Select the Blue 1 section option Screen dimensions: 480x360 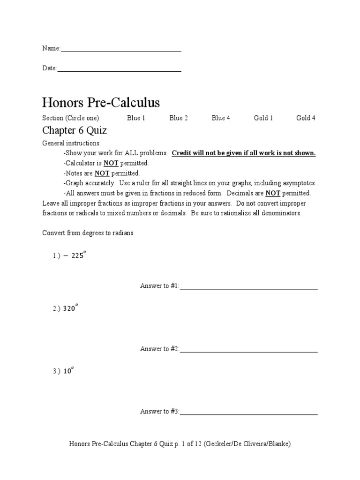click(x=136, y=118)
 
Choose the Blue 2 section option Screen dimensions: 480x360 click(x=179, y=118)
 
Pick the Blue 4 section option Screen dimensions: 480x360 click(x=221, y=118)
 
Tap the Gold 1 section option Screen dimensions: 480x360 click(x=263, y=118)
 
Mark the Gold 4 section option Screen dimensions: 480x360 click(x=306, y=118)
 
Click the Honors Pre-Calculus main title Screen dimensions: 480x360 click(x=101, y=103)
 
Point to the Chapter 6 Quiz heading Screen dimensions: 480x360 click(x=75, y=130)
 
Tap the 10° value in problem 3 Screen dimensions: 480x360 click(x=68, y=371)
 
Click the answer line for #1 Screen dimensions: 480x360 click(x=248, y=288)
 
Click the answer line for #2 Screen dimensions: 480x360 click(x=248, y=351)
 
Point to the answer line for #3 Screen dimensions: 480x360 click(x=248, y=414)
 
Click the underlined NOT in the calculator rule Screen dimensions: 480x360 click(x=111, y=163)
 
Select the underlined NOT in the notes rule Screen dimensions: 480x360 click(x=102, y=173)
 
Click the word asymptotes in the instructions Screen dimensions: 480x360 click(x=299, y=183)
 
